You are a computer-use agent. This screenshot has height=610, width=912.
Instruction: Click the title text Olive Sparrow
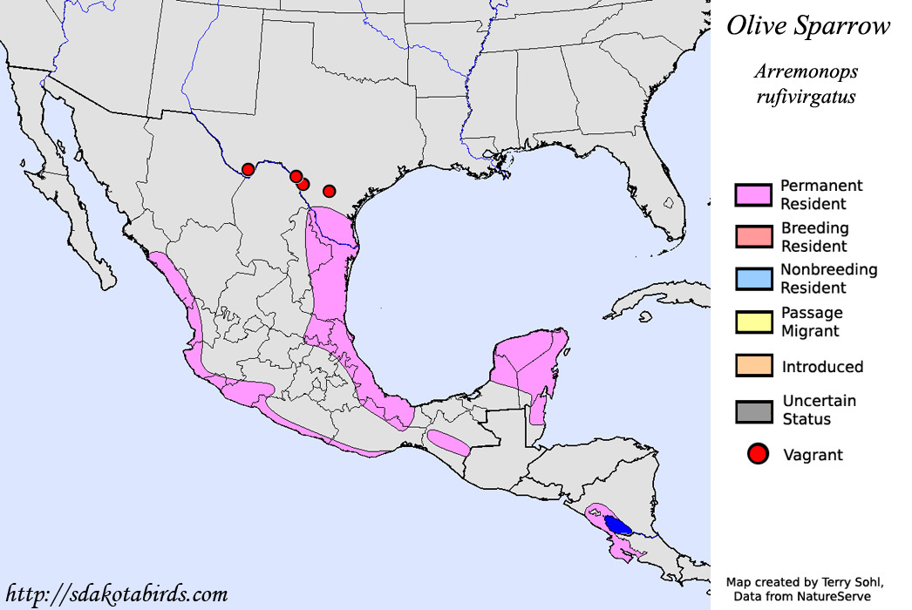point(808,26)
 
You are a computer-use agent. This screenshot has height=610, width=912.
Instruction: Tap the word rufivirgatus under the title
point(806,97)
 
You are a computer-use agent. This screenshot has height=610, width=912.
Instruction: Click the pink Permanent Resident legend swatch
point(753,195)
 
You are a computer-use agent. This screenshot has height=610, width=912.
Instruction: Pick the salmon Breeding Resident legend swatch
point(753,237)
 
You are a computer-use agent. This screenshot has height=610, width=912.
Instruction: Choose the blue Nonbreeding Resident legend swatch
point(753,279)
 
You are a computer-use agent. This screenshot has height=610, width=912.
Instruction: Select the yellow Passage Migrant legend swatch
point(753,322)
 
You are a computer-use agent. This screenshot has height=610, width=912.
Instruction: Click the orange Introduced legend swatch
point(753,366)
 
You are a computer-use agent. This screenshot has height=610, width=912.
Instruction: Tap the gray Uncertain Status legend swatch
point(753,410)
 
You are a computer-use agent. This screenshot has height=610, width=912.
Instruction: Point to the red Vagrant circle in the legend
point(758,454)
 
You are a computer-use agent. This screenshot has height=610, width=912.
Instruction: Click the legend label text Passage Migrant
point(812,322)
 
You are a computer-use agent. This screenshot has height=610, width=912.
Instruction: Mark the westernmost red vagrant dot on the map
point(248,169)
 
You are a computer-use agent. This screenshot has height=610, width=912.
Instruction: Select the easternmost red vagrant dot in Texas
point(330,191)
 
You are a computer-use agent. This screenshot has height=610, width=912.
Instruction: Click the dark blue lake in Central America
point(618,525)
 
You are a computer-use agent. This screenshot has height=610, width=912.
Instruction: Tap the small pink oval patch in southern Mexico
point(448,442)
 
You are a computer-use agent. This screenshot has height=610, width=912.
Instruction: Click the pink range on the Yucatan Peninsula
point(527,357)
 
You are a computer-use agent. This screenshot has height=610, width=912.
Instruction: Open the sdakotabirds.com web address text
point(116,594)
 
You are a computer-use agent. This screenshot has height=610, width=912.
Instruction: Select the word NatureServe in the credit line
point(831,595)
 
